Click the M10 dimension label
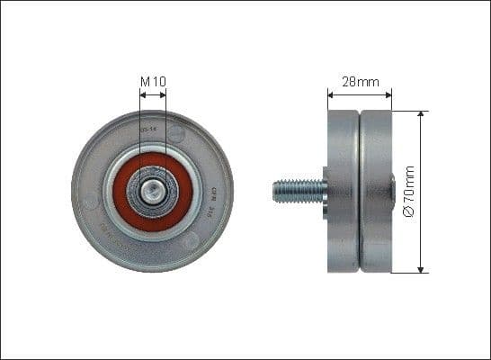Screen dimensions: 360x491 click(x=153, y=82)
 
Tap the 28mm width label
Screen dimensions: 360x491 click(x=359, y=81)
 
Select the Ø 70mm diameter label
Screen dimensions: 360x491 click(x=409, y=191)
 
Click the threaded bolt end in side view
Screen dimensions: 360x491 click(x=297, y=190)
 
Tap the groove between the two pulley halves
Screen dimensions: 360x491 click(x=360, y=191)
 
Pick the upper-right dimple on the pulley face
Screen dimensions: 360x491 click(x=176, y=133)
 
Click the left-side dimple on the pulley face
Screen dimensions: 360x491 click(x=90, y=202)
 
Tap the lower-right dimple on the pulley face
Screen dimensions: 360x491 click(x=190, y=239)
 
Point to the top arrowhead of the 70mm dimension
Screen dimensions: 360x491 click(x=421, y=115)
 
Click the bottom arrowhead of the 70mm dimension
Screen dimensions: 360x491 click(x=421, y=267)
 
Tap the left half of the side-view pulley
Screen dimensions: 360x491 click(x=343, y=191)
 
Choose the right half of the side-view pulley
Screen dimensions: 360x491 click(x=377, y=191)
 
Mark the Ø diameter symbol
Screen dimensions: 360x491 click(x=409, y=212)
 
